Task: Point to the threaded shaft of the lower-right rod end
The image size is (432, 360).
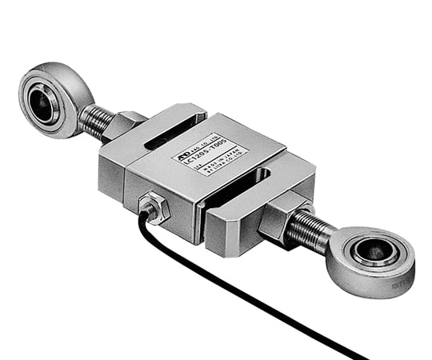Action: point(309,228)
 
